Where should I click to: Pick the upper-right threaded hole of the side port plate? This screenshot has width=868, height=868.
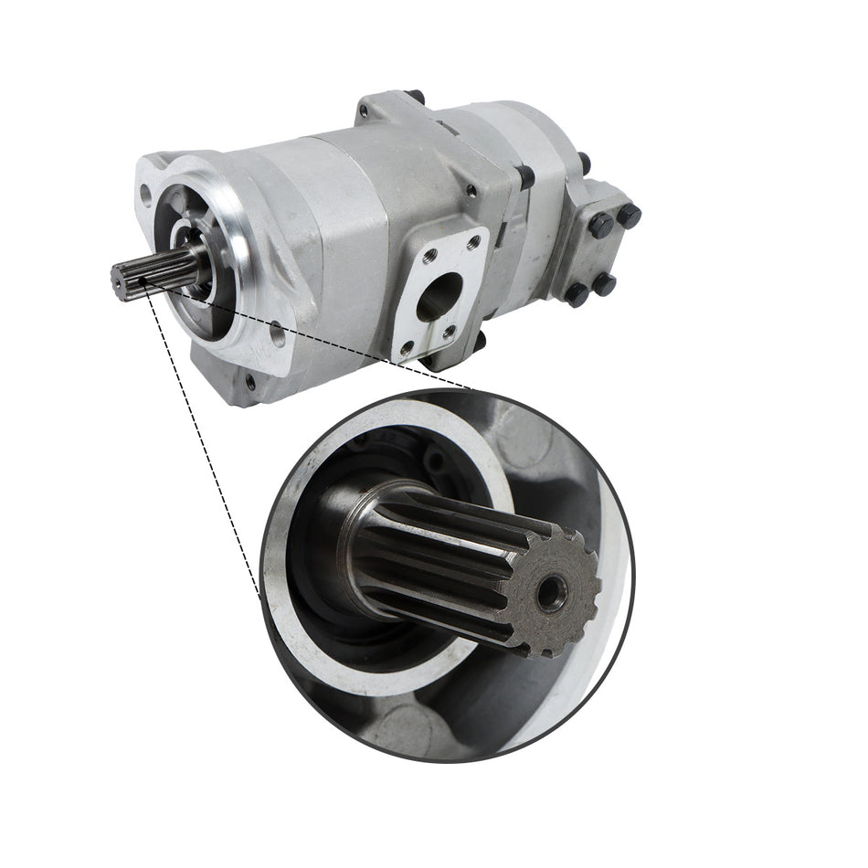click(x=473, y=243)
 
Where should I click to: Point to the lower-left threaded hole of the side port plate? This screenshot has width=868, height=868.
click(x=407, y=347)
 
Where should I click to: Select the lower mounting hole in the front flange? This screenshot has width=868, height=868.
click(x=276, y=336)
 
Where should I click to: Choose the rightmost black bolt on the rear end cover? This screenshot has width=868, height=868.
click(x=630, y=216)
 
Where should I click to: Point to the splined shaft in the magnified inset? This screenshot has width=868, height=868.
click(x=457, y=566)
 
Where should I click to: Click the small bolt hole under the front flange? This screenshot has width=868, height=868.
click(x=249, y=381)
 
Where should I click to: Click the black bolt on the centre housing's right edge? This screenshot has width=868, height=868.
click(x=526, y=175)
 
